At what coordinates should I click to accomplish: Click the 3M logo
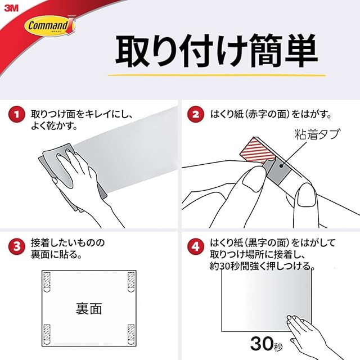click(11, 8)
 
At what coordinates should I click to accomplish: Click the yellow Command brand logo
click(49, 26)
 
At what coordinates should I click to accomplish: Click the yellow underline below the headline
click(217, 75)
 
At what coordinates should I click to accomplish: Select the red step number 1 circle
click(17, 114)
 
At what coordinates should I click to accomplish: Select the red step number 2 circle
click(196, 114)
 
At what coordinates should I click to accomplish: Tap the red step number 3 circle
click(17, 247)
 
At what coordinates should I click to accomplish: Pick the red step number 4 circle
click(196, 247)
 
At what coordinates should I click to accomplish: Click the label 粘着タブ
click(317, 134)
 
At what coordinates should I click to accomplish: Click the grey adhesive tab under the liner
click(278, 170)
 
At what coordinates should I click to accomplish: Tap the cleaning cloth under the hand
click(69, 174)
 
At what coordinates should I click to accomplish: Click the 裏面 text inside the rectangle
click(89, 309)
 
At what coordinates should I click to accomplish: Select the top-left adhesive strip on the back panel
click(47, 282)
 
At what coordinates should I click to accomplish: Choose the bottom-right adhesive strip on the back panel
click(130, 334)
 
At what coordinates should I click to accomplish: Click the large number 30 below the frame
click(262, 344)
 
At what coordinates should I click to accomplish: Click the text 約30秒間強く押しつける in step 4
click(262, 266)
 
